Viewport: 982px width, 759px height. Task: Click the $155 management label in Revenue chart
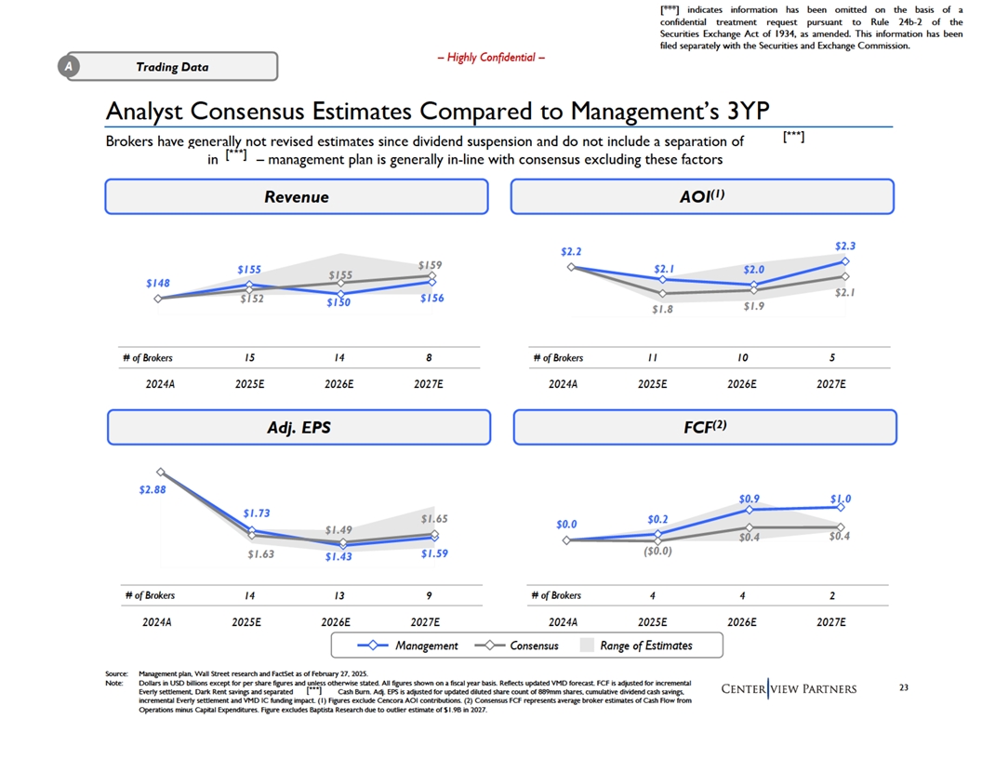point(248,270)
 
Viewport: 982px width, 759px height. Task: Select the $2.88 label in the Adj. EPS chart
point(153,489)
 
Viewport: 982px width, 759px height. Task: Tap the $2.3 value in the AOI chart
point(845,246)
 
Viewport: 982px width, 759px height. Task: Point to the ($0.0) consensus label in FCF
point(657,551)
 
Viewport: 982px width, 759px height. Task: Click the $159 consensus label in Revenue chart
point(430,265)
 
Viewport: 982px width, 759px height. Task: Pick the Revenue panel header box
point(297,196)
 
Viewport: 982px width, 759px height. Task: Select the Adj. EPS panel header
point(299,427)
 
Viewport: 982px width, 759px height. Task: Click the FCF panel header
point(705,427)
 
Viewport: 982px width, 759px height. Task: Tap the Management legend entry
point(407,646)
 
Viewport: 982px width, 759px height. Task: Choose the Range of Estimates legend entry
point(636,646)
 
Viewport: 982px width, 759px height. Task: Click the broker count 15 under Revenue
point(249,357)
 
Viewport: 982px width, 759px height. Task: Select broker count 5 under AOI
point(832,357)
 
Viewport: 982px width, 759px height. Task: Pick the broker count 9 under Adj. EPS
point(429,595)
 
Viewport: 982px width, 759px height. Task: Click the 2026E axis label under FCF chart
point(741,622)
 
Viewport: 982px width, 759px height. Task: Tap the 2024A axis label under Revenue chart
point(160,384)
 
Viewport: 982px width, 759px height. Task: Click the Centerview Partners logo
point(790,689)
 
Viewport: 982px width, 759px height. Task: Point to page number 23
point(904,687)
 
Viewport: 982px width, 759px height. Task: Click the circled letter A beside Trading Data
point(69,66)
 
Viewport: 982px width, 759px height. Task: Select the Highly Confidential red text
point(491,58)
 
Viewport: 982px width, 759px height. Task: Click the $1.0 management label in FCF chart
point(841,499)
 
